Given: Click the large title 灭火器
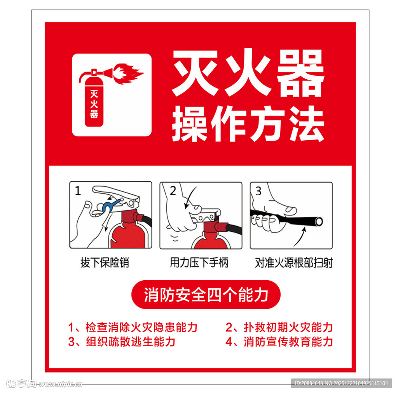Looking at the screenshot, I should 248,75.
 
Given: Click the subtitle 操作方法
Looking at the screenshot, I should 248,125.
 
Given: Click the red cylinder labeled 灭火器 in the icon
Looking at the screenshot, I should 94,102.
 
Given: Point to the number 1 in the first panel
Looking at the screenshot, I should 78,191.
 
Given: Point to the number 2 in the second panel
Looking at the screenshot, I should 173,191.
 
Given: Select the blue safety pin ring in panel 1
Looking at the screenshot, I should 107,206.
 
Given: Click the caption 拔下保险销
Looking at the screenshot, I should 105,263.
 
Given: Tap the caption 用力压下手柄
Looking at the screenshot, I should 199,263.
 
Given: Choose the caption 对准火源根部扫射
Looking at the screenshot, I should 293,263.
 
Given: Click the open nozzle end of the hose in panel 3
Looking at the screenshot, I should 319,222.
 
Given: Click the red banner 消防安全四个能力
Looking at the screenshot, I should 206,295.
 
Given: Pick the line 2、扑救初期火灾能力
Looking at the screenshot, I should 279,327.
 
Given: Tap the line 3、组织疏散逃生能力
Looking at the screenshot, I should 122,342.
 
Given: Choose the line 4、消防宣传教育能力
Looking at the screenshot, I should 279,342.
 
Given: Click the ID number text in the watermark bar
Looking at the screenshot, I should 341,383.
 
